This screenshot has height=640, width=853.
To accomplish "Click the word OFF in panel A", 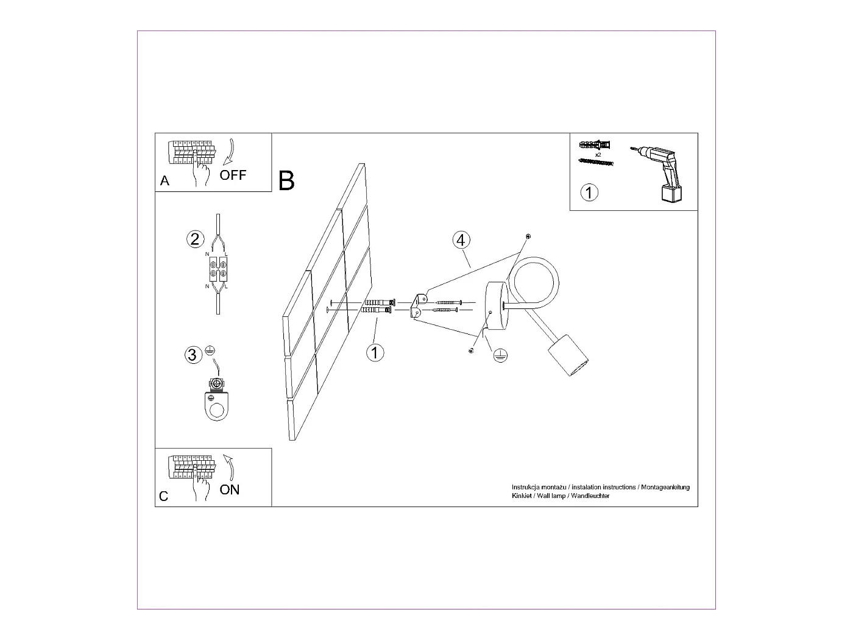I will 233,175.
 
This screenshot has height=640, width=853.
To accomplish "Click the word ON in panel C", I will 230,489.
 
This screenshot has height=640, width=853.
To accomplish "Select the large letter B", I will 286,181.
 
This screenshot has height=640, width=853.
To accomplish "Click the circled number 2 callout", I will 194,239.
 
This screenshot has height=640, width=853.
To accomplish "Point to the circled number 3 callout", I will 193,355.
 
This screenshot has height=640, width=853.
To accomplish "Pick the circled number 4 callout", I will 461,240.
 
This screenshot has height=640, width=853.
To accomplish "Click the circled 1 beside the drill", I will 589,193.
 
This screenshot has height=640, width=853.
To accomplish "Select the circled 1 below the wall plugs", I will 375,352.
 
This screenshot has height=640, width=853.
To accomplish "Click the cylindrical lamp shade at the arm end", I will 569,356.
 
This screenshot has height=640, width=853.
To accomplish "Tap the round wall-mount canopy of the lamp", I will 494,309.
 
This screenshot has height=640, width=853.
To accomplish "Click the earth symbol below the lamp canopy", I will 501,356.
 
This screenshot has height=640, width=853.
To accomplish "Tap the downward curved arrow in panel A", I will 229,152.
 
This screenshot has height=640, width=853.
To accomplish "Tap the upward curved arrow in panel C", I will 230,467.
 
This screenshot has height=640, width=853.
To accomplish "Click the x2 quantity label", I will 598,155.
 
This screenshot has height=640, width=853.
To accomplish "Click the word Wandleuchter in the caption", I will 590,496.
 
